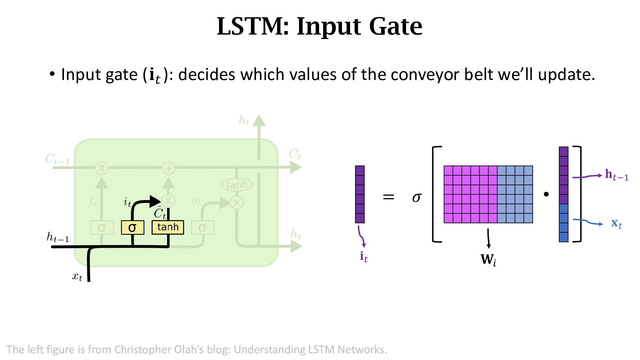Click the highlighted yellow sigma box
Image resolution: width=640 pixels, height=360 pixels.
click(x=132, y=228)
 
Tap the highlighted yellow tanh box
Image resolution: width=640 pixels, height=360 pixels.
click(x=168, y=227)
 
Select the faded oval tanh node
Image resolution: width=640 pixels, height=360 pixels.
click(x=237, y=185)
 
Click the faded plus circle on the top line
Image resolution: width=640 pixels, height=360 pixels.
click(x=168, y=168)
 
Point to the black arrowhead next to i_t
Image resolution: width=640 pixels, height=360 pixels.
click(x=155, y=201)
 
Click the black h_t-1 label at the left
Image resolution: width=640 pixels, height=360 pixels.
click(x=58, y=237)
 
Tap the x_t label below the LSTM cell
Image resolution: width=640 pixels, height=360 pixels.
click(x=77, y=276)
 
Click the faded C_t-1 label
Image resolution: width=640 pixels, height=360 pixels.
click(x=57, y=159)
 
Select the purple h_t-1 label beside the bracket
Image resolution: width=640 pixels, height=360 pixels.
click(x=616, y=175)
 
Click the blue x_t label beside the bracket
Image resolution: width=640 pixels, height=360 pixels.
click(x=616, y=223)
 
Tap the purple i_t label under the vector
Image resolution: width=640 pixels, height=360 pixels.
click(x=364, y=257)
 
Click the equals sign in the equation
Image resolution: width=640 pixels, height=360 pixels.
click(x=388, y=197)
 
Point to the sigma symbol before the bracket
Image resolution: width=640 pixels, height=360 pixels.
click(x=417, y=197)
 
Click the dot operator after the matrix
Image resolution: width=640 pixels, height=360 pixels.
click(x=546, y=194)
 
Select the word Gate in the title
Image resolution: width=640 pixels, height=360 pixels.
click(x=396, y=26)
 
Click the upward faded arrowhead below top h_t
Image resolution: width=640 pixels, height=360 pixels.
click(x=259, y=121)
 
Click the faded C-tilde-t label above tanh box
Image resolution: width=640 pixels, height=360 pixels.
click(x=160, y=213)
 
